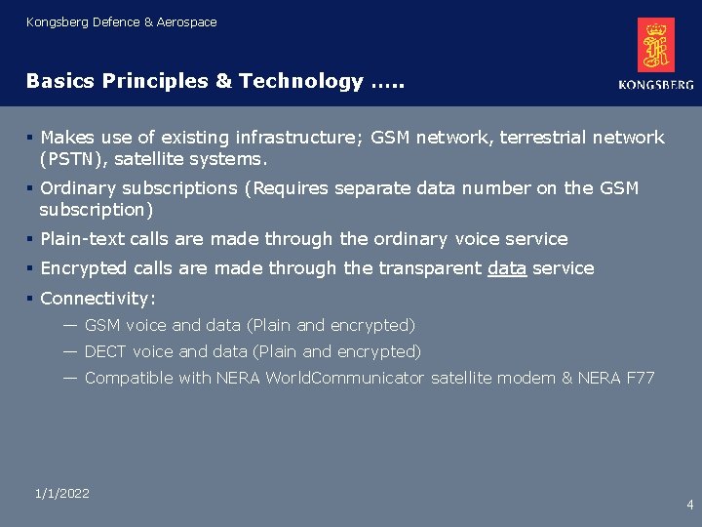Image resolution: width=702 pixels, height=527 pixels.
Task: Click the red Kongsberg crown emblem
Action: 656,45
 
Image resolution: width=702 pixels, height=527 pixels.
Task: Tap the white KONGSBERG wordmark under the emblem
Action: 656,85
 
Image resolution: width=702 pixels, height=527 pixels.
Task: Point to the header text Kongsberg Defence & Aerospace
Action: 122,21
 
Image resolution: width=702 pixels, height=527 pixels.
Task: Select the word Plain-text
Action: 84,239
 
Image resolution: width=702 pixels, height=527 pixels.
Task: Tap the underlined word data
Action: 506,268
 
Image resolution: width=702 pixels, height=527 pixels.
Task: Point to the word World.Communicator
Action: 345,378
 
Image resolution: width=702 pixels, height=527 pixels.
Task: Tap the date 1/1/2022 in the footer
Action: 61,494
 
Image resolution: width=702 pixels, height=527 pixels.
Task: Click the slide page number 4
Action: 690,505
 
